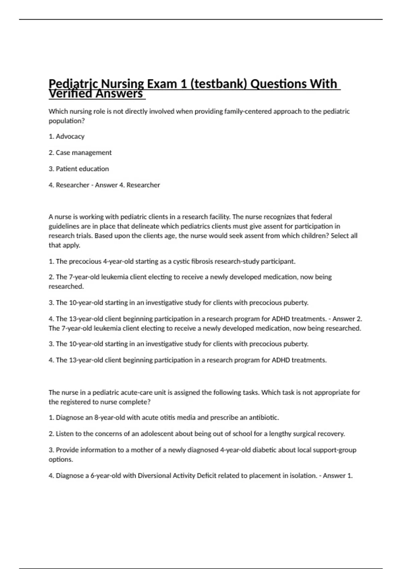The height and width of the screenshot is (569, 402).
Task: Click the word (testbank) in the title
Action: (x=218, y=84)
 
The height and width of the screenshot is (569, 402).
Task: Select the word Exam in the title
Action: (x=162, y=84)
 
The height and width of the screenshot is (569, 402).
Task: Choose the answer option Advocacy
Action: (x=70, y=137)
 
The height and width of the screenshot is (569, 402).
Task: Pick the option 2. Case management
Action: (x=80, y=153)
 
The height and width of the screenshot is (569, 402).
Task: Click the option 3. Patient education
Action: (x=79, y=169)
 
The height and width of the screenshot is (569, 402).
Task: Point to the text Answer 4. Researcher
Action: (x=127, y=185)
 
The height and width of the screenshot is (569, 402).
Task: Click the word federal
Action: (x=321, y=217)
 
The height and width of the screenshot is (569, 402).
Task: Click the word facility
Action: (x=219, y=217)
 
